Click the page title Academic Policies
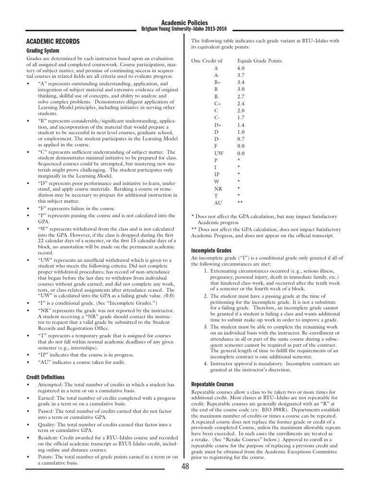(x=184, y=22)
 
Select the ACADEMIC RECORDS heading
(x=53, y=42)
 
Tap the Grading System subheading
(x=43, y=50)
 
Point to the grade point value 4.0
(x=241, y=68)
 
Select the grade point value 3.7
(x=241, y=75)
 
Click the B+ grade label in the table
(x=217, y=82)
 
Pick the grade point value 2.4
(x=241, y=103)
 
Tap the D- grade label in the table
(x=217, y=139)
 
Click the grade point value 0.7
(x=241, y=139)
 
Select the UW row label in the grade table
(x=219, y=153)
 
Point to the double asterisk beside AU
(x=240, y=203)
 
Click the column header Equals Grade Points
(x=259, y=61)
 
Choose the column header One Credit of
(x=207, y=61)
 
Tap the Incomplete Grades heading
(x=211, y=251)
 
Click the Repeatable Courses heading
(x=212, y=384)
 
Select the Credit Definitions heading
(x=45, y=377)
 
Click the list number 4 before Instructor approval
(x=205, y=364)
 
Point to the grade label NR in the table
(x=218, y=188)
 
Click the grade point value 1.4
(x=241, y=124)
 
